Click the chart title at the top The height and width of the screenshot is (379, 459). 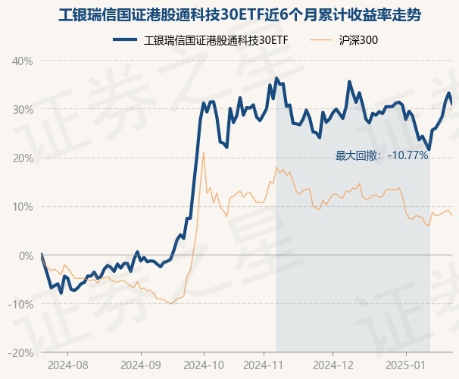[229, 16]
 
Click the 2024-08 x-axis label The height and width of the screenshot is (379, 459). [67, 365]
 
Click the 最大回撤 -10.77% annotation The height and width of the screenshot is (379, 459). [382, 155]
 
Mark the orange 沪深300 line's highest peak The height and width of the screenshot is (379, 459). [204, 152]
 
